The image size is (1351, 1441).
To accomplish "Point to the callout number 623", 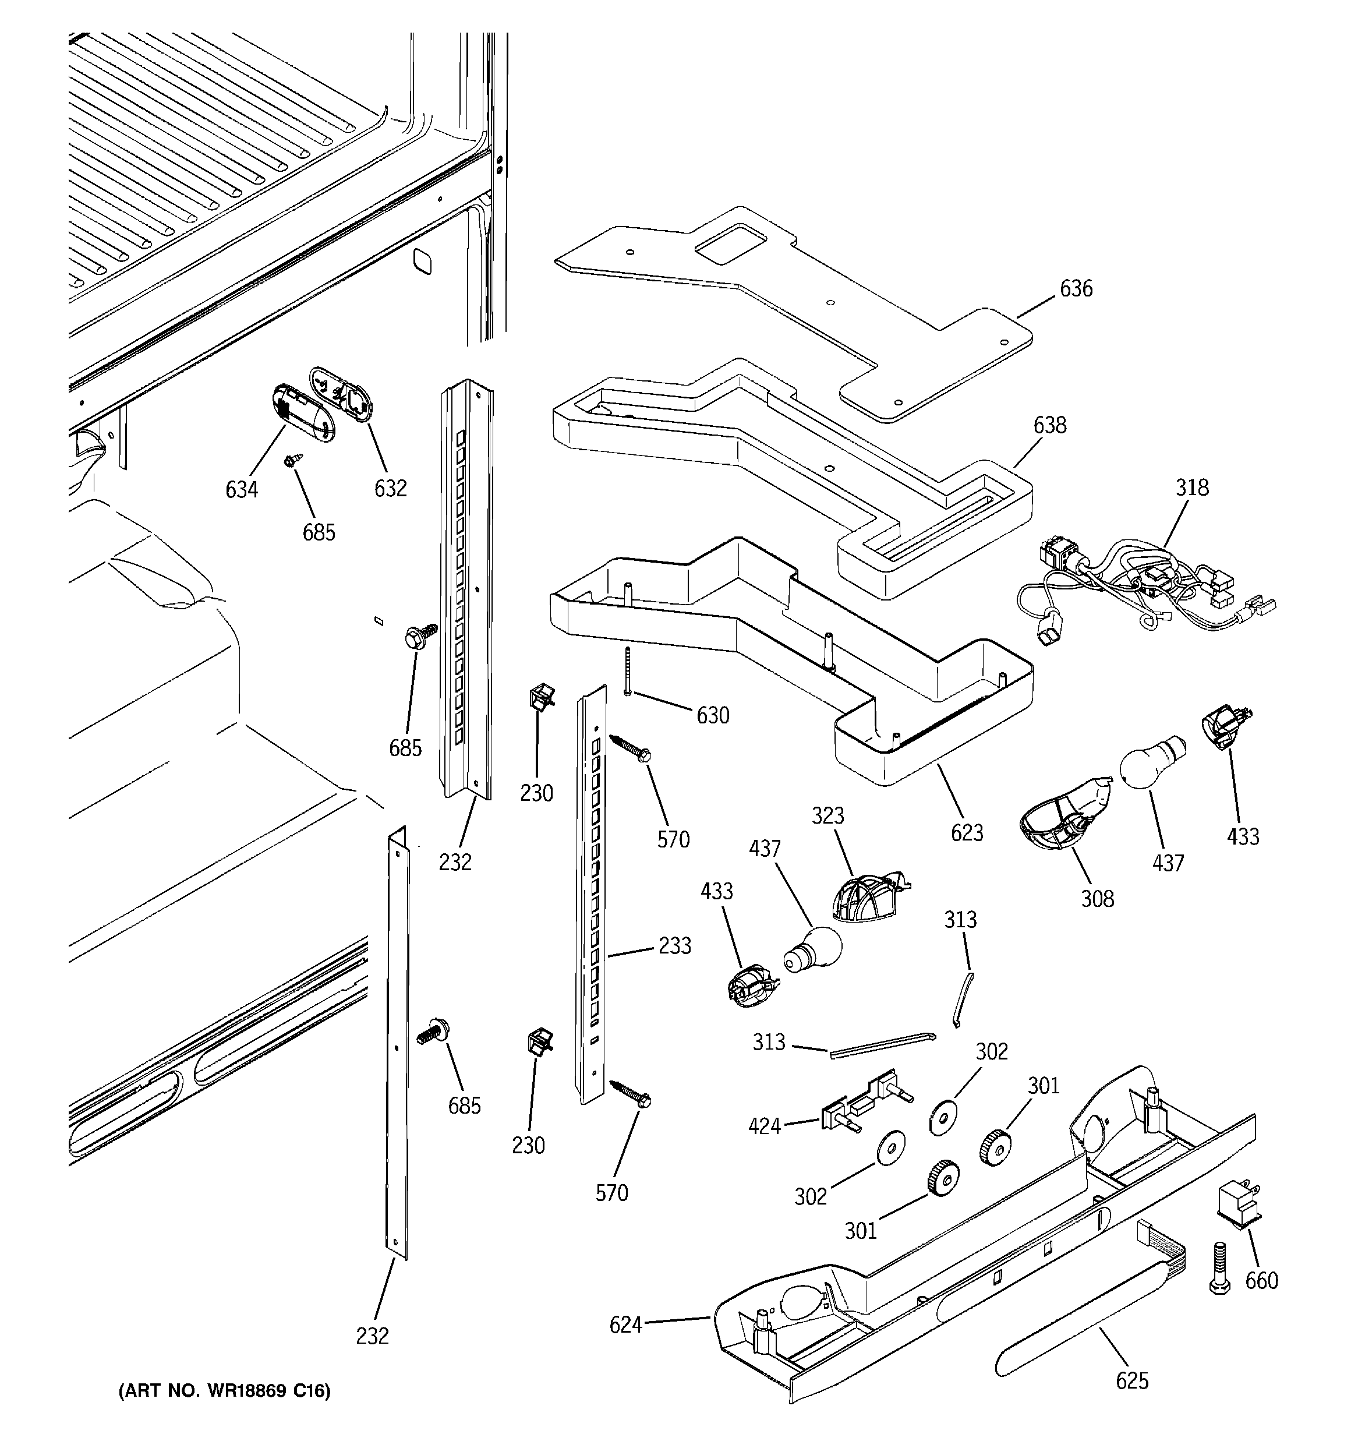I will coord(967,832).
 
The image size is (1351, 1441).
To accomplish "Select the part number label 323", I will coord(827,815).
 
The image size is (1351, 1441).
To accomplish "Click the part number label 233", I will coord(675,945).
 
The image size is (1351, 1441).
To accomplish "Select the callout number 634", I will coord(241,490).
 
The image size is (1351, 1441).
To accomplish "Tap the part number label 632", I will coord(390,489).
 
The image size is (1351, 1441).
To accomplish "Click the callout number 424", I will coord(765,1126).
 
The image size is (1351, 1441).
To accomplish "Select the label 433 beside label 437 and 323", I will coord(716,891).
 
